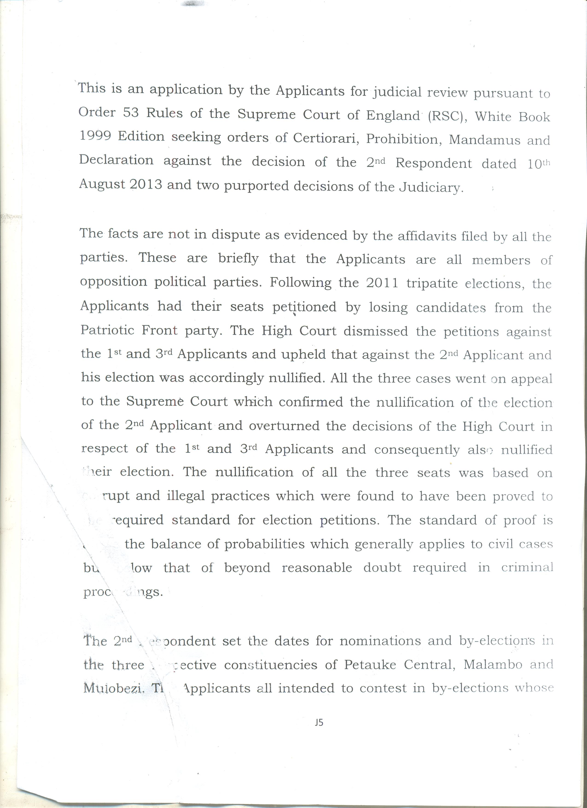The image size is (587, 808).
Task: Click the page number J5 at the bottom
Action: tap(319, 723)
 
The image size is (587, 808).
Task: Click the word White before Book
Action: tap(492, 116)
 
